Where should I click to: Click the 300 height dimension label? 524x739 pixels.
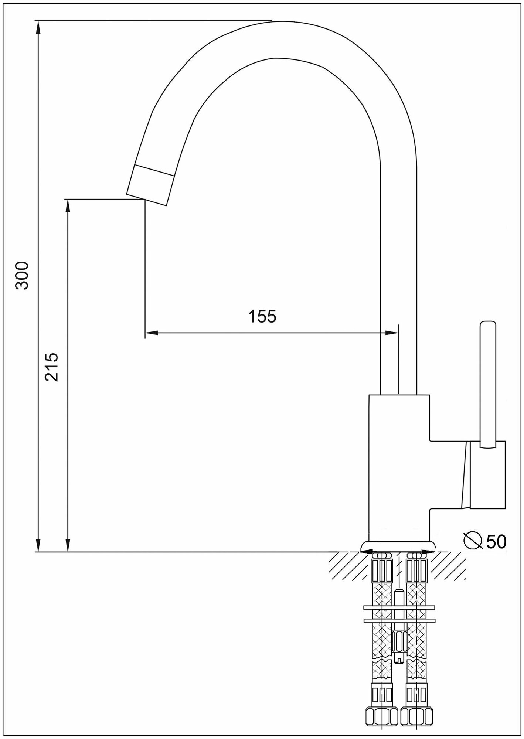tap(23, 275)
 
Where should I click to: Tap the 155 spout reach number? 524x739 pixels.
tap(262, 316)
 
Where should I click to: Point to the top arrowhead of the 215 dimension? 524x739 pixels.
tap(68, 205)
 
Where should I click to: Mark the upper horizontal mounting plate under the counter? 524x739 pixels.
tap(399, 607)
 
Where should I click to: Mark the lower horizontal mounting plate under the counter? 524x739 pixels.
tap(399, 620)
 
